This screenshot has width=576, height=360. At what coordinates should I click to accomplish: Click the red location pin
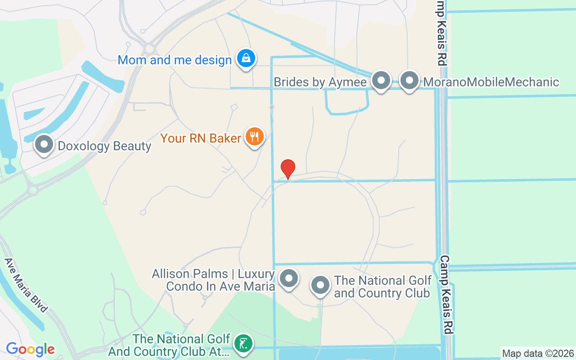pyautogui.click(x=288, y=169)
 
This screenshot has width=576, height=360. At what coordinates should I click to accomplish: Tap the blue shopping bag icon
pyautogui.click(x=246, y=58)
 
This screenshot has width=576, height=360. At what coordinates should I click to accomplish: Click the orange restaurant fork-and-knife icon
pyautogui.click(x=255, y=136)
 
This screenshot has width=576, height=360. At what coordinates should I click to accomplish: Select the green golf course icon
pyautogui.click(x=243, y=344)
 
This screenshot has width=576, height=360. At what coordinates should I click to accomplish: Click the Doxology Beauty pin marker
pyautogui.click(x=44, y=145)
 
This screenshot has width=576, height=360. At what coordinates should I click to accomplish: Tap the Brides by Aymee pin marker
pyautogui.click(x=381, y=81)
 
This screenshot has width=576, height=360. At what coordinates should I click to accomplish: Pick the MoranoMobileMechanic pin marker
pyautogui.click(x=409, y=81)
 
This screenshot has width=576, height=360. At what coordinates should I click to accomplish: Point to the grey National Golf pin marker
pyautogui.click(x=320, y=285)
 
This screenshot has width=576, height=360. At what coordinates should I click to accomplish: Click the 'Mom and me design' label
pyautogui.click(x=175, y=60)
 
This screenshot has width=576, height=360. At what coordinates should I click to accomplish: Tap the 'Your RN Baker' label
pyautogui.click(x=201, y=138)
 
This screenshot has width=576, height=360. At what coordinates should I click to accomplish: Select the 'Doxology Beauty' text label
pyautogui.click(x=104, y=146)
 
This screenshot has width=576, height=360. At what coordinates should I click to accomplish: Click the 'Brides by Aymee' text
pyautogui.click(x=321, y=82)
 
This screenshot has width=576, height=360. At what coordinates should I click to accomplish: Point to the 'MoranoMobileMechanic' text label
pyautogui.click(x=491, y=82)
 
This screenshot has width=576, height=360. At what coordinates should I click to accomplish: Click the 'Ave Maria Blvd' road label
pyautogui.click(x=26, y=285)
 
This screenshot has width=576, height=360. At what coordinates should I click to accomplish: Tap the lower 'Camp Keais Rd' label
pyautogui.click(x=446, y=295)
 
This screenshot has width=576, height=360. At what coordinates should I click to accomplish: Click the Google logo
pyautogui.click(x=30, y=349)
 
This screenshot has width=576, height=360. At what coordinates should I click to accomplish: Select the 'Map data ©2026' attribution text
pyautogui.click(x=538, y=354)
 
